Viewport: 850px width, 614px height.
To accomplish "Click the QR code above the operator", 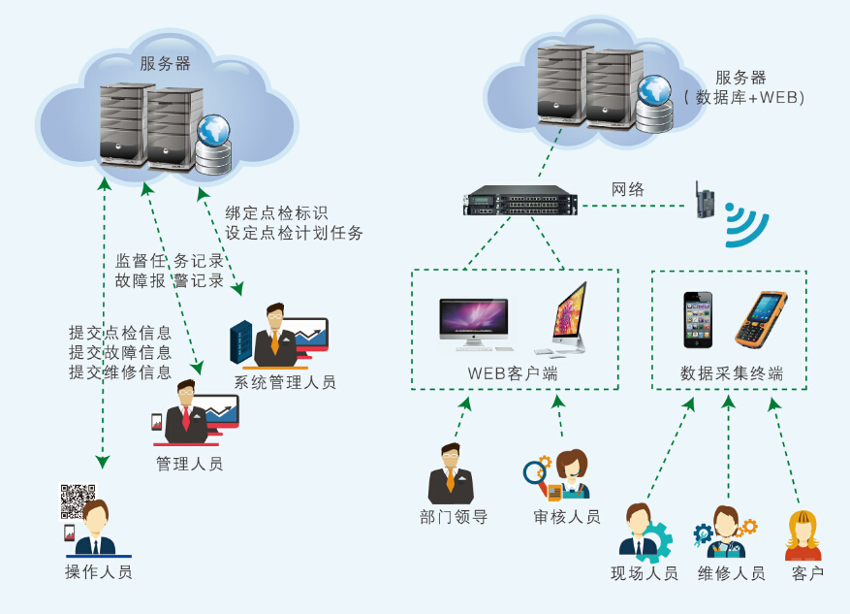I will (x=78, y=501).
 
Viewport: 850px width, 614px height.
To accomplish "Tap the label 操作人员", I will (x=98, y=571).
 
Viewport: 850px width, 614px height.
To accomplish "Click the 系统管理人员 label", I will (x=284, y=382).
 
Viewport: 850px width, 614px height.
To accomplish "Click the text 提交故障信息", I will (x=119, y=352).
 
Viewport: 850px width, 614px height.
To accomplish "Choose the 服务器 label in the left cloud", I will (x=165, y=64).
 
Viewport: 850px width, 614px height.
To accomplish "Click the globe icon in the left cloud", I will (x=212, y=129).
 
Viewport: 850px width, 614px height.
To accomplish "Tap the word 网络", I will (x=627, y=188).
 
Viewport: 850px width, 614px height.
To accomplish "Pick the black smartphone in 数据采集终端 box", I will (x=698, y=319).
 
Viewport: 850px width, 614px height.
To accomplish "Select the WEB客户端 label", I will (x=512, y=373).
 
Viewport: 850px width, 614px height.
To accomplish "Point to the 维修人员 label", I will (x=731, y=573).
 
